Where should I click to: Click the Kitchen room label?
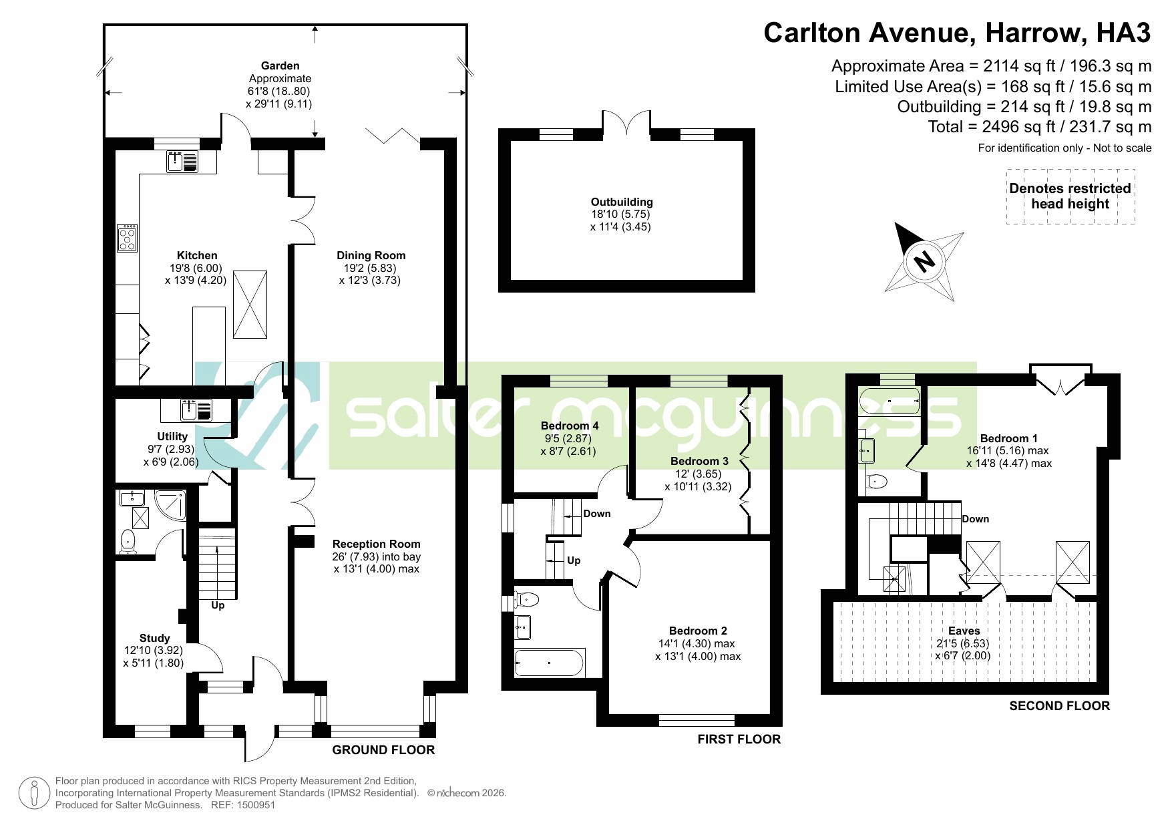(x=197, y=255)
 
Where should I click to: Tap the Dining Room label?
(x=371, y=255)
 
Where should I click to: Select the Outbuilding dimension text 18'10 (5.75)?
(x=620, y=214)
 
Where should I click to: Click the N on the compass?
(x=924, y=261)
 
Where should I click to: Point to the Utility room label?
(x=172, y=436)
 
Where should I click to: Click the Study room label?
(x=154, y=638)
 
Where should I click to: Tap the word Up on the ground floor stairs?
(x=218, y=605)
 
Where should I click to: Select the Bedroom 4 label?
(x=570, y=426)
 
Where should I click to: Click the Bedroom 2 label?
(x=698, y=631)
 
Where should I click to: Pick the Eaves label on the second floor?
(x=964, y=631)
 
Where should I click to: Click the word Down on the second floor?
(x=976, y=519)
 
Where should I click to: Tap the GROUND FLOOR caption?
(x=383, y=750)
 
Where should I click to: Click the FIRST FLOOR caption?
(x=739, y=739)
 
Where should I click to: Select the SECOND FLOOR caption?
(x=1059, y=705)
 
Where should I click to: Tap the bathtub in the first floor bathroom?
(x=550, y=663)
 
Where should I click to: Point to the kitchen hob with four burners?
(x=128, y=238)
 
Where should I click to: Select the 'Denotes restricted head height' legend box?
(x=1070, y=196)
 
